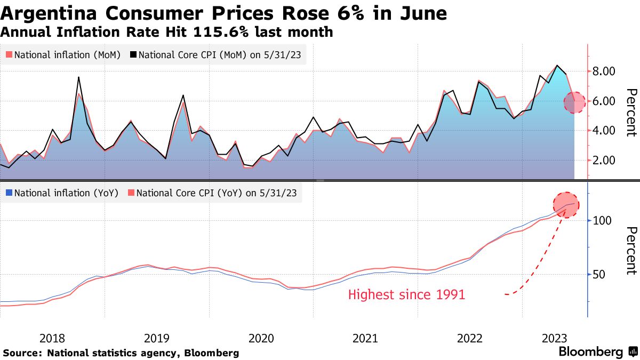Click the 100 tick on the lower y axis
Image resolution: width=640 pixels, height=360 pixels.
pyautogui.click(x=603, y=220)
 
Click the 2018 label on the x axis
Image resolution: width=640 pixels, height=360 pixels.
pyautogui.click(x=52, y=338)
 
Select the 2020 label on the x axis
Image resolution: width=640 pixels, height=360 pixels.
pyautogui.click(x=261, y=338)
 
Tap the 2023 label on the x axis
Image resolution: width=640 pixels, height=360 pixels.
pyautogui.click(x=555, y=338)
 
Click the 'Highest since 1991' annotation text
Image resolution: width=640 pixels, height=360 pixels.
pyautogui.click(x=406, y=294)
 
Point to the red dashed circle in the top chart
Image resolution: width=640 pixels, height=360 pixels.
pyautogui.click(x=574, y=102)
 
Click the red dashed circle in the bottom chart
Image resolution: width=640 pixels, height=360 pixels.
pyautogui.click(x=566, y=205)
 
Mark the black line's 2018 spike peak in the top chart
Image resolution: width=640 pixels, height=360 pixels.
pyautogui.click(x=79, y=77)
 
